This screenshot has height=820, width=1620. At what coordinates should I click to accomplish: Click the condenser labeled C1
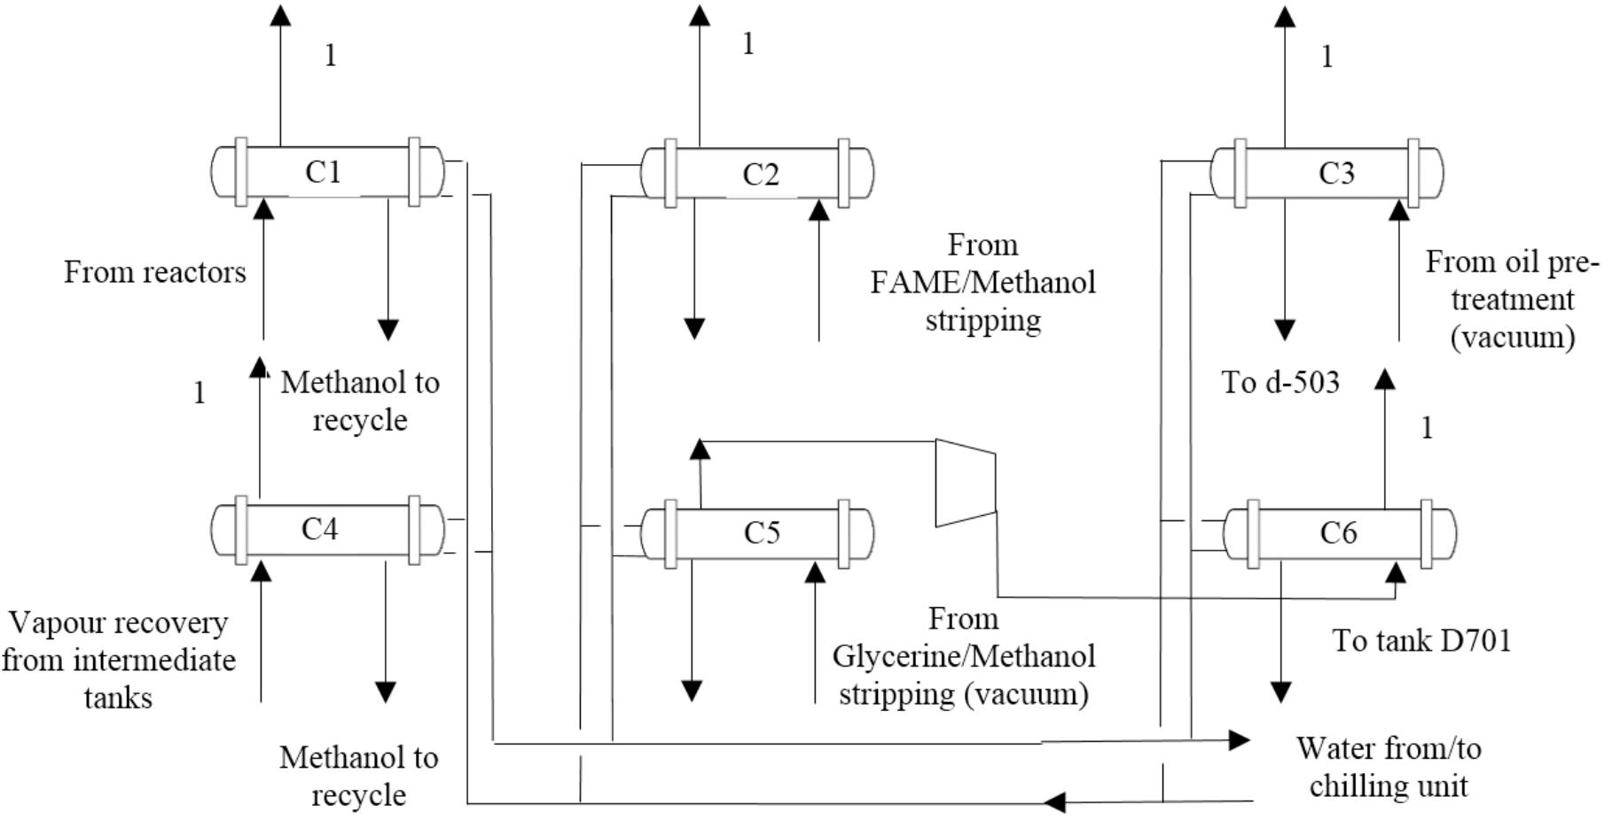tap(326, 172)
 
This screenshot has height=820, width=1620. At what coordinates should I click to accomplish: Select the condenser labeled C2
tap(757, 174)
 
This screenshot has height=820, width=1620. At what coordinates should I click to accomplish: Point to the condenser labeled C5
tap(757, 533)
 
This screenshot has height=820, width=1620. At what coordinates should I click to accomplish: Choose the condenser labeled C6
tap(1339, 533)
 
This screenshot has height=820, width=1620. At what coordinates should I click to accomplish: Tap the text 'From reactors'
tap(155, 272)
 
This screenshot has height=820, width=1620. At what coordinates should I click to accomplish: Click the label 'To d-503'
tap(1280, 383)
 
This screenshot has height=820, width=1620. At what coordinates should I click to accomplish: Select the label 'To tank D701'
tap(1421, 641)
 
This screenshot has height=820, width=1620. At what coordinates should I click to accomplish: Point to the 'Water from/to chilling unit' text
tap(1389, 768)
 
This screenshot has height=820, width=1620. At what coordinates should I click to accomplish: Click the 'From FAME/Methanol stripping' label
tap(982, 283)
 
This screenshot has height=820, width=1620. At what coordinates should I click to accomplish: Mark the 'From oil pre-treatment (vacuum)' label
tap(1513, 300)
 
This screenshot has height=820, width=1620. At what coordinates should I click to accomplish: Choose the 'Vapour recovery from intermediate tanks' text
tap(118, 660)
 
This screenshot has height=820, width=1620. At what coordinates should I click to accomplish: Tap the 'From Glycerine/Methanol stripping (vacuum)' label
tap(964, 656)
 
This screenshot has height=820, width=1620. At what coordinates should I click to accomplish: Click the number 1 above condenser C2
tap(748, 44)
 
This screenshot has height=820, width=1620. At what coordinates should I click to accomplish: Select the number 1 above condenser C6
tap(1427, 429)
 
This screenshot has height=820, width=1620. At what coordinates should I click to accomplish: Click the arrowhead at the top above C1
tap(280, 15)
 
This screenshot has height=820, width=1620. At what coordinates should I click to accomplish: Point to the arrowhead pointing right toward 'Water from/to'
tap(1239, 739)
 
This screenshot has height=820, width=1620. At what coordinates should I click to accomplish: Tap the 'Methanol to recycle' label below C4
tap(359, 777)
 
